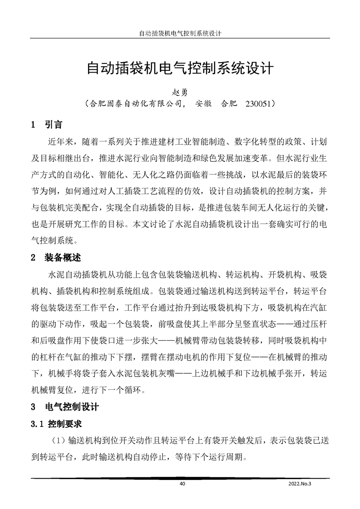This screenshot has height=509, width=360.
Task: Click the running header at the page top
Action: (x=180, y=34)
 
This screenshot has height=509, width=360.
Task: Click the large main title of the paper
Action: (x=180, y=69)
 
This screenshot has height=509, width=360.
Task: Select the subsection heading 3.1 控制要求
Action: (x=56, y=424)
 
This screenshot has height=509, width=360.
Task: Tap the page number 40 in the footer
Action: (x=182, y=484)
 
